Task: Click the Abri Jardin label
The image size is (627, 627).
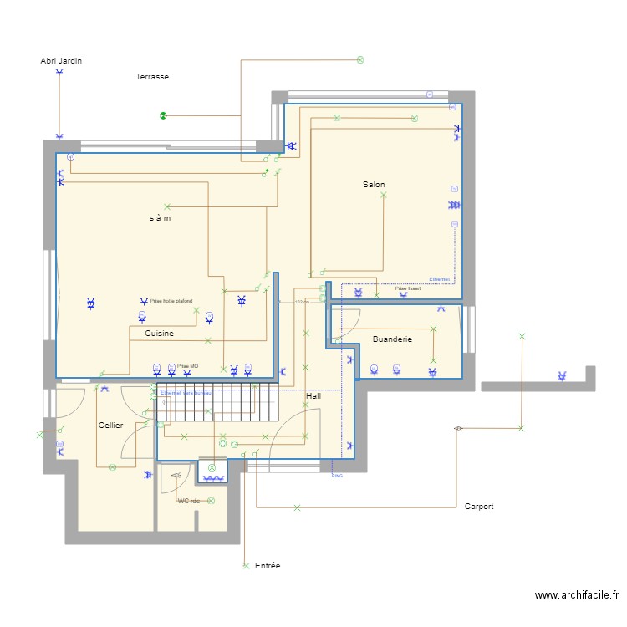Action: [61, 61]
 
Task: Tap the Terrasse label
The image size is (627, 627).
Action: [152, 77]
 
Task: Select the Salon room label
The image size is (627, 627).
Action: [374, 184]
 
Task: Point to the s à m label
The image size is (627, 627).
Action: [161, 218]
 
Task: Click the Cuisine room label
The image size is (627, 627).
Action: [159, 334]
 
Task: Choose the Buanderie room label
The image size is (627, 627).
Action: [392, 339]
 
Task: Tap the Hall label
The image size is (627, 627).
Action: [313, 395]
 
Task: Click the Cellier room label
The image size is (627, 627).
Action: [110, 426]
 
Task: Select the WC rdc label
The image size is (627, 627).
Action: [189, 501]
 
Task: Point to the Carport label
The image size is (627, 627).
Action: [479, 507]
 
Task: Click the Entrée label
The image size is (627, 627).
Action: [268, 566]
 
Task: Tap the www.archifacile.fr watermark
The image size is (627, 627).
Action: [577, 596]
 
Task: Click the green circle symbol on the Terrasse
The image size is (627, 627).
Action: [163, 115]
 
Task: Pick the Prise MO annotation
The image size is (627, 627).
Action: [188, 366]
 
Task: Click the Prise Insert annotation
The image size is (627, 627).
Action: [408, 288]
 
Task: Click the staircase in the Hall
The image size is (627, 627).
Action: [216, 402]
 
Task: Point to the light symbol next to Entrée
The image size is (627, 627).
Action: [246, 566]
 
